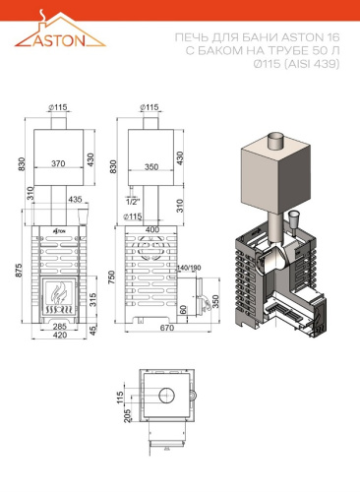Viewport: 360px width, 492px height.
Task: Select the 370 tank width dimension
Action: pos(58,163)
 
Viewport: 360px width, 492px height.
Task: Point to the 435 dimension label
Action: pos(75,199)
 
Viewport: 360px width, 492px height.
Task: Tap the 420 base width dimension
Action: pos(60,335)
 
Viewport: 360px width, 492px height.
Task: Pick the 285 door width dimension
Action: pos(60,326)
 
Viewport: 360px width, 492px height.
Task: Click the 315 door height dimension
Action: pos(93,300)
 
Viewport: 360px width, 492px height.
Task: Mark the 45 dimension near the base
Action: pos(93,331)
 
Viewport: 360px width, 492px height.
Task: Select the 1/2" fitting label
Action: pos(133,202)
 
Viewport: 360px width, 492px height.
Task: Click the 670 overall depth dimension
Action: pos(167,328)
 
